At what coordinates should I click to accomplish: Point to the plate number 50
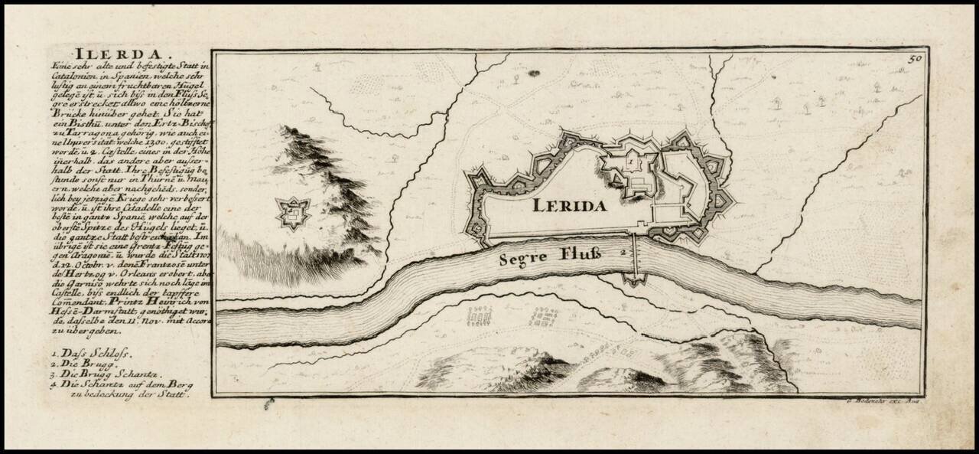(916, 57)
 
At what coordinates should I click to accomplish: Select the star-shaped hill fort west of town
(292, 213)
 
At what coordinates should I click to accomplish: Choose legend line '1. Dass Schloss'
(93, 354)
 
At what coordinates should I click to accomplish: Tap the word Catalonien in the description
(76, 77)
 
